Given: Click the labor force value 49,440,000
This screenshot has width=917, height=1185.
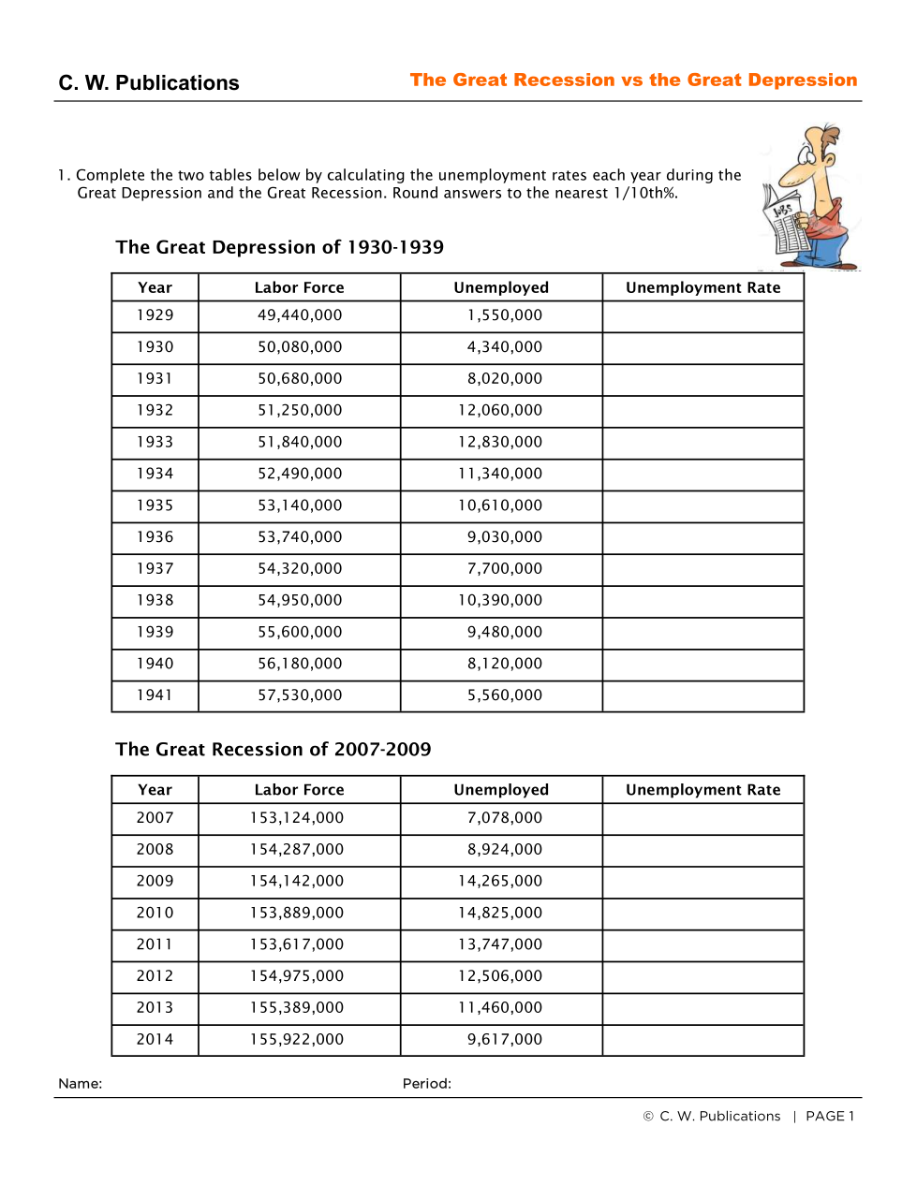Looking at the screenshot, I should click(x=300, y=315).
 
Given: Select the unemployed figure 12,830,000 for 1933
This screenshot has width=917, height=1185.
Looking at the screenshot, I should click(x=500, y=442).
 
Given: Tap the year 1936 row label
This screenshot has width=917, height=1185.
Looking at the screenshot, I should click(x=155, y=537).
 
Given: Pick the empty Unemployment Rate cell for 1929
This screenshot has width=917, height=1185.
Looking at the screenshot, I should click(x=703, y=316).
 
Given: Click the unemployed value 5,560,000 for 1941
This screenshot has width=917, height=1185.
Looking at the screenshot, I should click(x=504, y=695).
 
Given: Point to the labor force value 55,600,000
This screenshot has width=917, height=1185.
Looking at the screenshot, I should click(x=300, y=632).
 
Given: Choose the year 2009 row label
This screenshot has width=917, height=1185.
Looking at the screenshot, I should click(x=155, y=881).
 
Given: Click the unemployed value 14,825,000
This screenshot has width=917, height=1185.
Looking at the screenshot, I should click(x=500, y=913).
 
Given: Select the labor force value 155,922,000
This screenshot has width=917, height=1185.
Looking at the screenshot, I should click(x=297, y=1039).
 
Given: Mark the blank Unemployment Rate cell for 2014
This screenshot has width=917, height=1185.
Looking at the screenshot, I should click(x=703, y=1040).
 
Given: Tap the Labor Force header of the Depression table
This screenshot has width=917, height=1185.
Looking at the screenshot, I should click(x=299, y=287).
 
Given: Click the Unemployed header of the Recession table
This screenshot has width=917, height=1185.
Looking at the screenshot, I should click(x=501, y=790).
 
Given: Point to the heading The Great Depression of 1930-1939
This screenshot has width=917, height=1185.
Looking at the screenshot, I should click(x=280, y=247).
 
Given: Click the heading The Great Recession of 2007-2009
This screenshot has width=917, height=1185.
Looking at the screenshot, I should click(x=274, y=750).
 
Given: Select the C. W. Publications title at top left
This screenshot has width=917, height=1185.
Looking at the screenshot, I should click(x=149, y=83).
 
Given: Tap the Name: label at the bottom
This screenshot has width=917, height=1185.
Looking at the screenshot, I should click(x=81, y=1084).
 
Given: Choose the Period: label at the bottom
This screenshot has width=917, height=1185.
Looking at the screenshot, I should click(x=427, y=1084).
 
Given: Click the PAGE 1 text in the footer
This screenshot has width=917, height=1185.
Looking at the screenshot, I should click(x=830, y=1117).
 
